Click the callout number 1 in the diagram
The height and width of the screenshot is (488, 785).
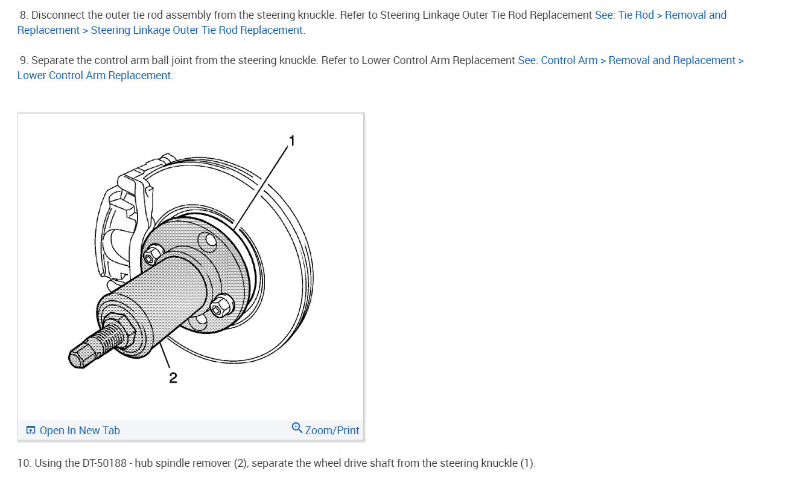(x=292, y=141)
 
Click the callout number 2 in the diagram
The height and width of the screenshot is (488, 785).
(x=173, y=378)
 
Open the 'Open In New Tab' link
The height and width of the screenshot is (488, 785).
(x=80, y=431)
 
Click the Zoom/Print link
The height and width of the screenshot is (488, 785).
(x=332, y=431)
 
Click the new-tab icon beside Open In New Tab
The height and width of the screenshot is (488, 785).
(x=31, y=431)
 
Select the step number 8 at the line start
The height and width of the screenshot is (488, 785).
(x=24, y=15)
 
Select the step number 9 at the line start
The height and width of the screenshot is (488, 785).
(x=24, y=60)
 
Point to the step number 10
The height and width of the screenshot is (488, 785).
(x=24, y=463)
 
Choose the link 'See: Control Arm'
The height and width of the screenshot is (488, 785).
(x=558, y=60)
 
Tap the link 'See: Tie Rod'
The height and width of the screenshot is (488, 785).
(x=625, y=15)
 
